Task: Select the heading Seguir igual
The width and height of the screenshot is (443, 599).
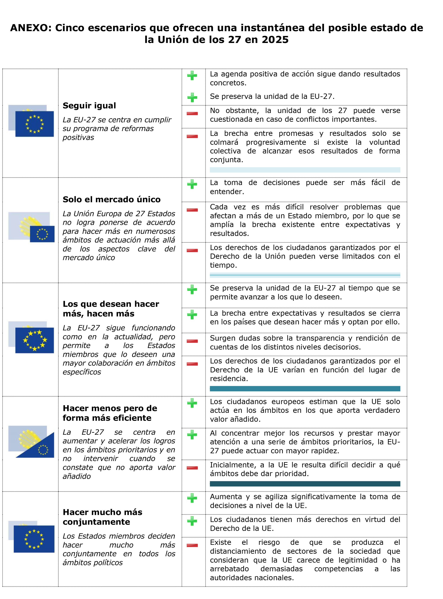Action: (x=89, y=106)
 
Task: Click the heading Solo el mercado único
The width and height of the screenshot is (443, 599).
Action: (x=111, y=200)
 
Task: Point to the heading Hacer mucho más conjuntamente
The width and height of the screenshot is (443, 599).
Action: (x=102, y=517)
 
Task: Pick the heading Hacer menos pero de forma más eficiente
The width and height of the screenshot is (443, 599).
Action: (x=110, y=413)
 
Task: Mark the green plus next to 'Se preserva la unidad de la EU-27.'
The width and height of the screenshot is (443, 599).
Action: (x=192, y=97)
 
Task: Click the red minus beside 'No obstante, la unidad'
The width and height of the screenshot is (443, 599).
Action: (x=192, y=114)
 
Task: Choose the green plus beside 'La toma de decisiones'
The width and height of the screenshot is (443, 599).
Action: (x=192, y=184)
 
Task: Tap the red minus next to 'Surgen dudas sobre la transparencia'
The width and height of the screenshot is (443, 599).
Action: (x=192, y=341)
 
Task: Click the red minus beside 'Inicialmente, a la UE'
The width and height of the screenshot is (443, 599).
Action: (x=192, y=468)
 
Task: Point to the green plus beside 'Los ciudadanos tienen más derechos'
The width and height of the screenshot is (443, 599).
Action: (x=192, y=521)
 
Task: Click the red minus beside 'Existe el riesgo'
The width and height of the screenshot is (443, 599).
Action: (x=192, y=545)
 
